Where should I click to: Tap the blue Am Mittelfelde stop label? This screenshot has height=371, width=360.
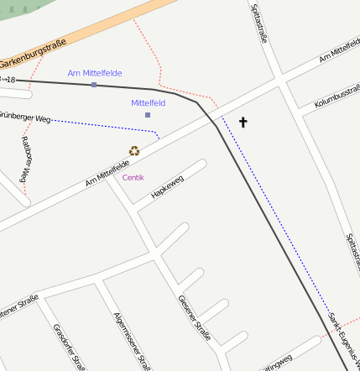tap(95, 73)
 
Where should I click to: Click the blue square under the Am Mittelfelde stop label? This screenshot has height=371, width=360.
tap(94, 85)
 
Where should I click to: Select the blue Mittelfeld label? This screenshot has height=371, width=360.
tap(148, 102)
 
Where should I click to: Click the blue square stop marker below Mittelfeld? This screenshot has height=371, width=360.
tap(148, 114)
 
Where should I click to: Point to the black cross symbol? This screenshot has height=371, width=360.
tap(243, 123)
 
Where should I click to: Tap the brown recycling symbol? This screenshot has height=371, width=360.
tap(134, 151)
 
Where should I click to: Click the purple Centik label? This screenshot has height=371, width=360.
tap(133, 177)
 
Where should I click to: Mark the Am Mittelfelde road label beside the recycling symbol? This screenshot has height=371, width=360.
tap(107, 173)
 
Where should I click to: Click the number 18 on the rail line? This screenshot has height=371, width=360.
tap(10, 80)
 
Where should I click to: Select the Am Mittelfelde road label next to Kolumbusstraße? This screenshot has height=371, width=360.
tap(339, 55)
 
